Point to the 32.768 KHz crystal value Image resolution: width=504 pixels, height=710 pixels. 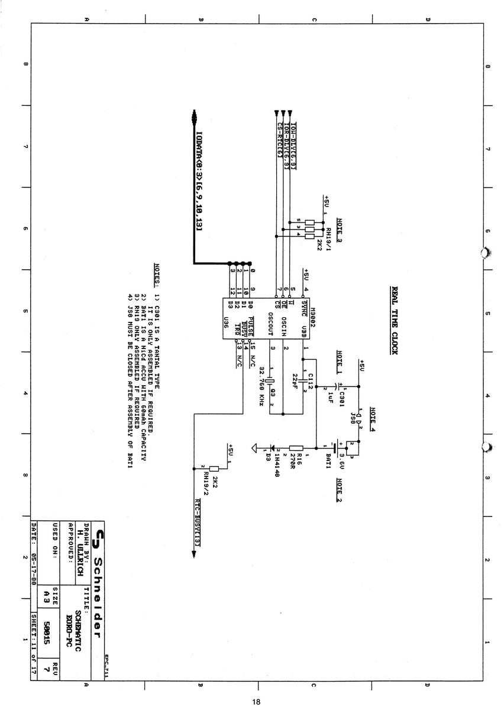coord(260,386)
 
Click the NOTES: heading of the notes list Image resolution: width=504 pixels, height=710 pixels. coord(157,278)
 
